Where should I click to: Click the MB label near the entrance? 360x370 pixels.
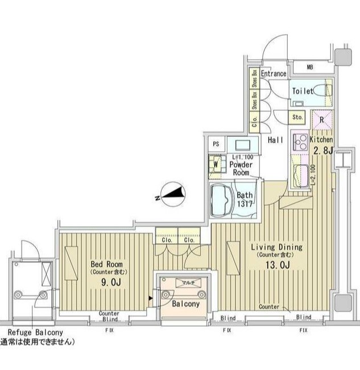click(x=310, y=68)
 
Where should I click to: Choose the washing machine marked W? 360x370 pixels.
click(x=217, y=165)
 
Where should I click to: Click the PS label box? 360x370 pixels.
click(x=216, y=144)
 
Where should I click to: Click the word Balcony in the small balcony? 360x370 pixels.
click(x=185, y=304)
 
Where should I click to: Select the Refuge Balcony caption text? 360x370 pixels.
click(x=35, y=333)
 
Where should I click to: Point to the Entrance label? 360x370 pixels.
click(x=274, y=74)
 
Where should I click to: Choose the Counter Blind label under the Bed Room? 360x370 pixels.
click(x=108, y=317)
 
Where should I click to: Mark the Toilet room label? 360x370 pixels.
click(x=302, y=91)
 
